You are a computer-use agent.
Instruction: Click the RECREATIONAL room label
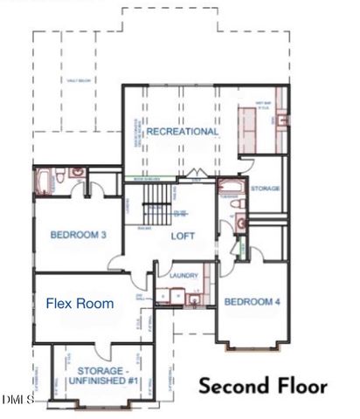pyautogui.click(x=182, y=132)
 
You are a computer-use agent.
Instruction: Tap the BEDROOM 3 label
pyautogui.click(x=78, y=235)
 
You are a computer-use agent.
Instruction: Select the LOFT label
pyautogui.click(x=182, y=236)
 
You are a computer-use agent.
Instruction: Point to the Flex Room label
pyautogui.click(x=80, y=304)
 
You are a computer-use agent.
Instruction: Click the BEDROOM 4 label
pyautogui.click(x=252, y=302)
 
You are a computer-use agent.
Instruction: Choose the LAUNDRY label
pyautogui.click(x=183, y=276)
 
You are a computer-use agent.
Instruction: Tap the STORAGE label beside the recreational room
pyautogui.click(x=265, y=189)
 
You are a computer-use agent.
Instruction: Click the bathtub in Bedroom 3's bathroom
pyautogui.click(x=45, y=181)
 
